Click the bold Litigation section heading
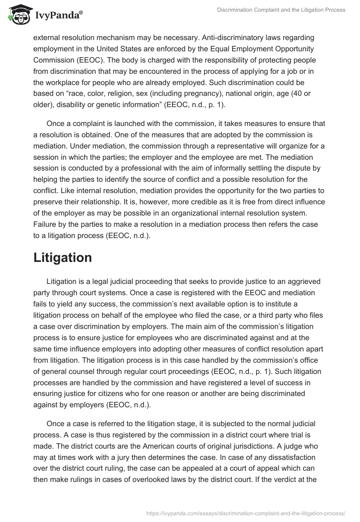point(63,257)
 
